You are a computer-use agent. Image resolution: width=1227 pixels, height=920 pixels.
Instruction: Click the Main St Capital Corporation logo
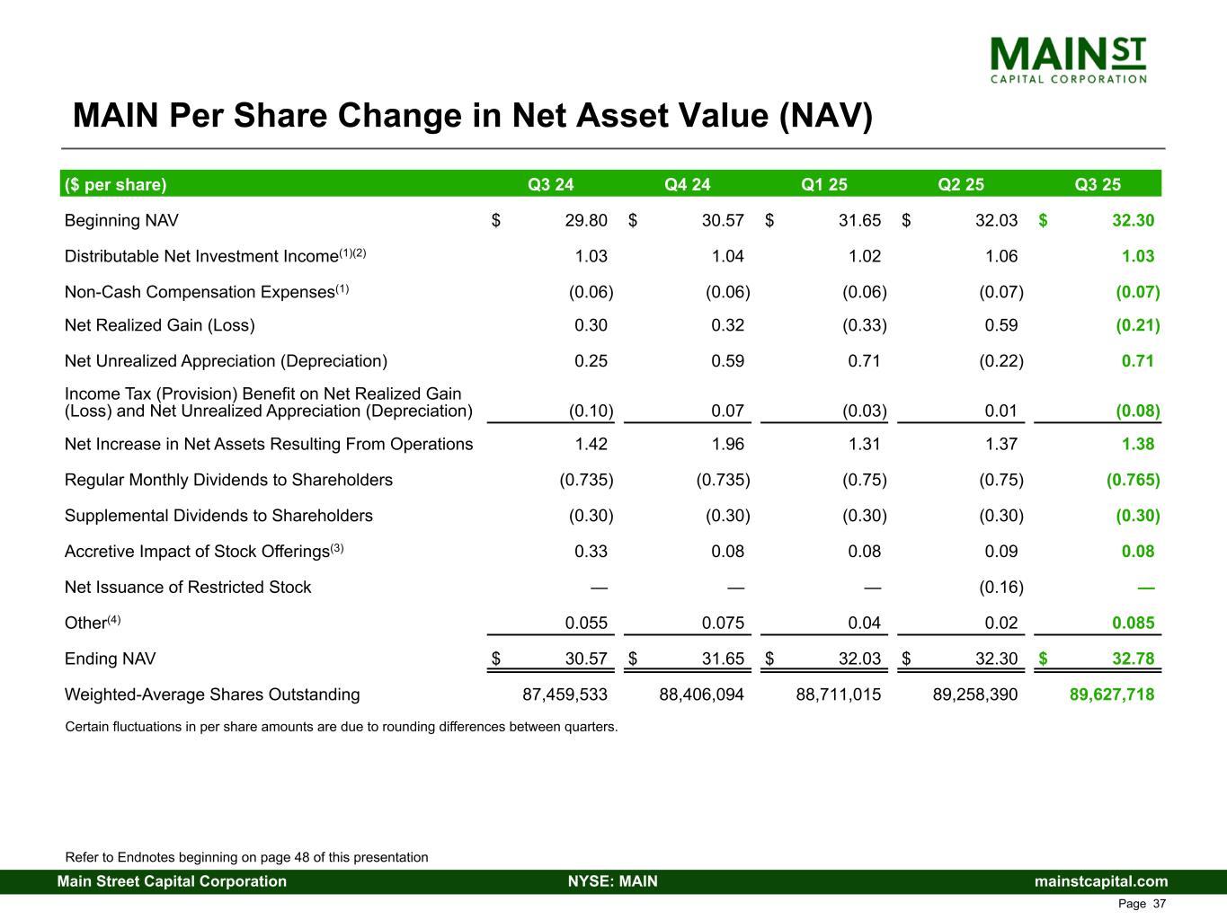[1067, 59]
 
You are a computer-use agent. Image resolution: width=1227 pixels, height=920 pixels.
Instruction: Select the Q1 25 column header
[824, 185]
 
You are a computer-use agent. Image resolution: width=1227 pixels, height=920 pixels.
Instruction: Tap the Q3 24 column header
[550, 185]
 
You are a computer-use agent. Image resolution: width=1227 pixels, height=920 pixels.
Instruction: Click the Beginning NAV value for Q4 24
[723, 221]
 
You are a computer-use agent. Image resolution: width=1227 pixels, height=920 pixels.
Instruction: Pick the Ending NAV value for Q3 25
[1133, 659]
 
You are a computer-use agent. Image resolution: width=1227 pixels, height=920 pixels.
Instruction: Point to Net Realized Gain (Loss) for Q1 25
[864, 325]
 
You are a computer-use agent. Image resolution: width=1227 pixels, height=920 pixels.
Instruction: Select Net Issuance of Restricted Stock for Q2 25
[1000, 588]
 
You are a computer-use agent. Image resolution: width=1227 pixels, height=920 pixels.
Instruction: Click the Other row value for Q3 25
[1133, 624]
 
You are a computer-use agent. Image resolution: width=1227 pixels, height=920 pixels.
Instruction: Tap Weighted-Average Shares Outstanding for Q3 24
[565, 694]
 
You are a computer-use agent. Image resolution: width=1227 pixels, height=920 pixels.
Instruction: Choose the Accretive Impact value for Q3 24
[591, 552]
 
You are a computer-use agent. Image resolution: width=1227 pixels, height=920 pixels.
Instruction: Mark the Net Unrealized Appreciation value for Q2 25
[1000, 361]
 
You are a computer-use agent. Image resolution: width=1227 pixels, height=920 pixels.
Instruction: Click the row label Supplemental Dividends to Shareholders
[218, 516]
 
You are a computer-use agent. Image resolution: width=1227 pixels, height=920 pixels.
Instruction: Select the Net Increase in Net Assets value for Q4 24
[727, 444]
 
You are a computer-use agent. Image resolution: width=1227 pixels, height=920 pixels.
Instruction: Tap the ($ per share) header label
[116, 185]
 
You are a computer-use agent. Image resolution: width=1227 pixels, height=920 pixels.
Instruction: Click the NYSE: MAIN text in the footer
[613, 881]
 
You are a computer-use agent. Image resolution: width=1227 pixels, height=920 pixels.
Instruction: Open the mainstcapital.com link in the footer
[1101, 881]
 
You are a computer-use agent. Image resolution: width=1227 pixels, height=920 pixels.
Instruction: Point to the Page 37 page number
[1142, 904]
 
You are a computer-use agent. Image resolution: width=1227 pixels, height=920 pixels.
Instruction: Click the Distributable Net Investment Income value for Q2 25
[1000, 256]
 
